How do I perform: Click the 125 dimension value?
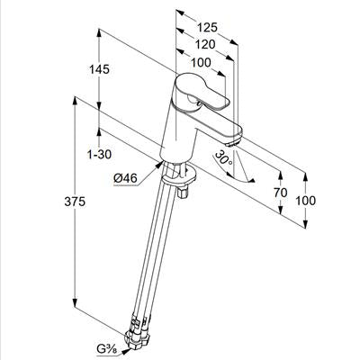[x=207, y=28]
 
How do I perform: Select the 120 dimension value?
[x=205, y=45]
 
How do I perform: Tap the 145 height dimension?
[x=99, y=69]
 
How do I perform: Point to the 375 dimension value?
[x=75, y=202]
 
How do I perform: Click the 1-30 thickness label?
[x=99, y=154]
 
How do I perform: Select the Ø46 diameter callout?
[x=125, y=178]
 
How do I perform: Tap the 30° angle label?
[x=224, y=157]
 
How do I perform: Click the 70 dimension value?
[x=281, y=193]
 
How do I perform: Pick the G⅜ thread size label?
[x=105, y=349]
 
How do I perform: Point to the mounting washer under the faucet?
[x=179, y=175]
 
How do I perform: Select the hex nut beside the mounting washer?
[x=182, y=193]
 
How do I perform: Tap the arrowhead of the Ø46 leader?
[x=159, y=164]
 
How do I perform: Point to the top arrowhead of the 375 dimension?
[x=75, y=101]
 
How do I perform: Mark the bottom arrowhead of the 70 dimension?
[x=281, y=210]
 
